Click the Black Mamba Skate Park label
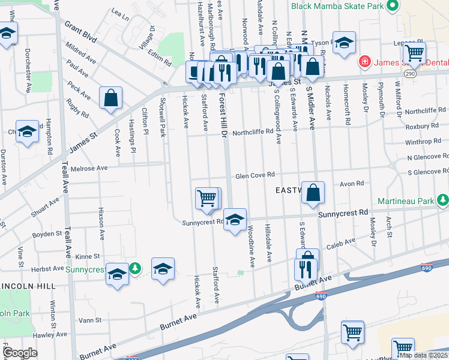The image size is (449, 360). [x=337, y=6]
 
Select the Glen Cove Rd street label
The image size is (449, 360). [x=255, y=175]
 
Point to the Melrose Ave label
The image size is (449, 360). [x=89, y=169]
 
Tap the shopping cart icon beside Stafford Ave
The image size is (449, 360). [x=208, y=198]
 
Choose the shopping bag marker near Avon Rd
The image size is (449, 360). [x=313, y=193]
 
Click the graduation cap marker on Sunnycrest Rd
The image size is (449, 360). [x=235, y=219]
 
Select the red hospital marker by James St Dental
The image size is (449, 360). [x=363, y=62]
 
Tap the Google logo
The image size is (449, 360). [x=20, y=353]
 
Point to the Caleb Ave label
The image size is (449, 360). [x=337, y=246]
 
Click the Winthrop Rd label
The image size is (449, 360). [x=423, y=142]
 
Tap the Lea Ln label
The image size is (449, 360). [x=120, y=15]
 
